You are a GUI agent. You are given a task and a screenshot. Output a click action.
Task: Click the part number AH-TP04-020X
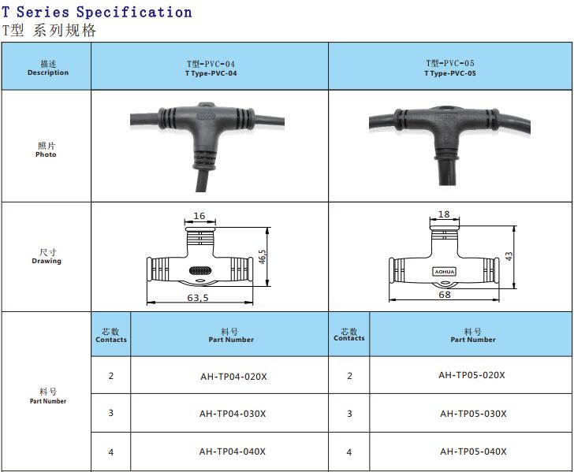coord(233,377)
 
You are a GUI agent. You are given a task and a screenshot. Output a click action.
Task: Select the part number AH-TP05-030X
coord(473,414)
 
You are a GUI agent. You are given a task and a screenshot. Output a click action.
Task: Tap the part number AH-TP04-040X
coord(233,452)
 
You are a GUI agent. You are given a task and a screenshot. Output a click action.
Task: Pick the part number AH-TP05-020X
coord(471,375)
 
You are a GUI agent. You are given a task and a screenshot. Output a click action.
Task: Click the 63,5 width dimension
coord(198,298)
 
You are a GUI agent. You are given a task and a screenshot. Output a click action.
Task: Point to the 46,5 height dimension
coord(262,257)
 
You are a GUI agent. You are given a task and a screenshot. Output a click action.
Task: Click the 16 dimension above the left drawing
coord(199,216)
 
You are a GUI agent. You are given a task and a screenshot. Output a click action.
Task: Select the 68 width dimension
coord(445,295)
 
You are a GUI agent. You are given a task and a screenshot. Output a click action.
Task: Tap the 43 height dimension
coord(509,256)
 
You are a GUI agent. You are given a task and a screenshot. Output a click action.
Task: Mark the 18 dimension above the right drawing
coord(444,214)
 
